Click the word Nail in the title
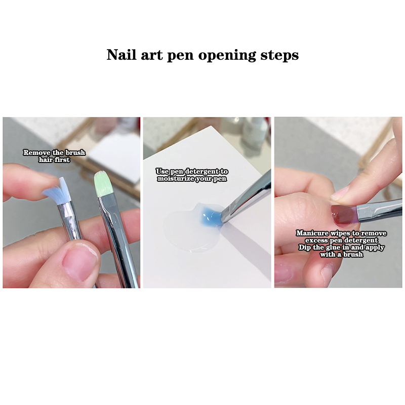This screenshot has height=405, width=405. tap(121, 55)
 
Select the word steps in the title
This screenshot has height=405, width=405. tap(279, 56)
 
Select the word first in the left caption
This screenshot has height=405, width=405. tap(62, 160)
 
